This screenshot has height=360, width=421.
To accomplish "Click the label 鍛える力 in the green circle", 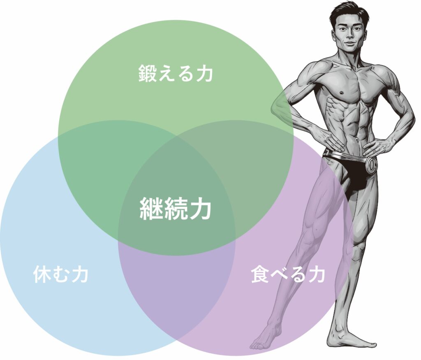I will [x=176, y=74].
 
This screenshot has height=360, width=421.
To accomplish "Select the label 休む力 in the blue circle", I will [x=61, y=274].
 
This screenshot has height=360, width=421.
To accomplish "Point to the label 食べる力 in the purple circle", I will [x=288, y=274].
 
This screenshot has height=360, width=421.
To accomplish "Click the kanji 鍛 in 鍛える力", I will [x=148, y=74].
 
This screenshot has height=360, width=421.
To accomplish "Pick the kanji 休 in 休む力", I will [x=42, y=274].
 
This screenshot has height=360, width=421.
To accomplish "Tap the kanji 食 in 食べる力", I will [x=260, y=274].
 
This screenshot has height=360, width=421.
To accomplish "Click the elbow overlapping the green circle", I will [x=279, y=105].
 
